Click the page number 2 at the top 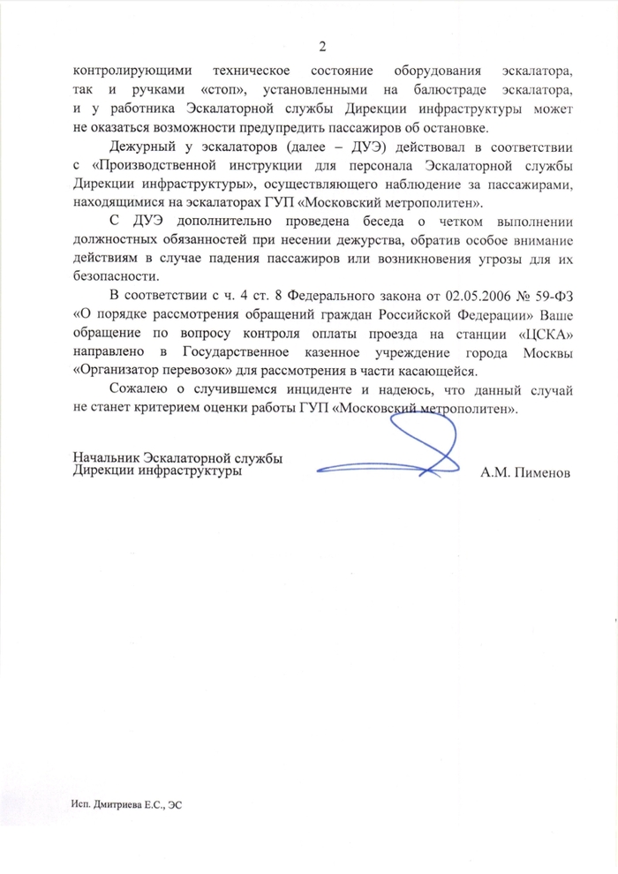click(x=322, y=46)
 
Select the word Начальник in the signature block click(x=109, y=458)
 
